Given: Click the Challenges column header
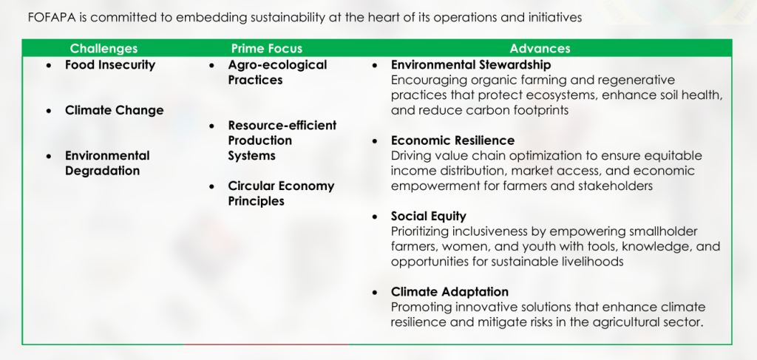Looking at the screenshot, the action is point(103,48).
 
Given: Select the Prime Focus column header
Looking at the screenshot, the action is point(266,48).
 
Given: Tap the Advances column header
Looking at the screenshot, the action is point(540,48).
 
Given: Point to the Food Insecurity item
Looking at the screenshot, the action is point(110,64).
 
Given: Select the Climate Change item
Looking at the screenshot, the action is point(115,110).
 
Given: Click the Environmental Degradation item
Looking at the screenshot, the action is point(107,163).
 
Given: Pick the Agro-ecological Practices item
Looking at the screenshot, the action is point(278,72).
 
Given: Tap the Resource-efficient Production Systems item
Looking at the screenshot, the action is point(282,140).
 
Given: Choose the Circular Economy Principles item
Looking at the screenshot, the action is point(281,194).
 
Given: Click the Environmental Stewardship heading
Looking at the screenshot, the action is point(471,64).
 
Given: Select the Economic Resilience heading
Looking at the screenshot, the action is point(453,140).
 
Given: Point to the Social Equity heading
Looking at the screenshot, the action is point(429,216).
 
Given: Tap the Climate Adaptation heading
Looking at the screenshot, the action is point(450,292).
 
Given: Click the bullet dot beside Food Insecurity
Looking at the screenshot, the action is point(49,65).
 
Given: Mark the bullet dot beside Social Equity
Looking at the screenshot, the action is point(375,217).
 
